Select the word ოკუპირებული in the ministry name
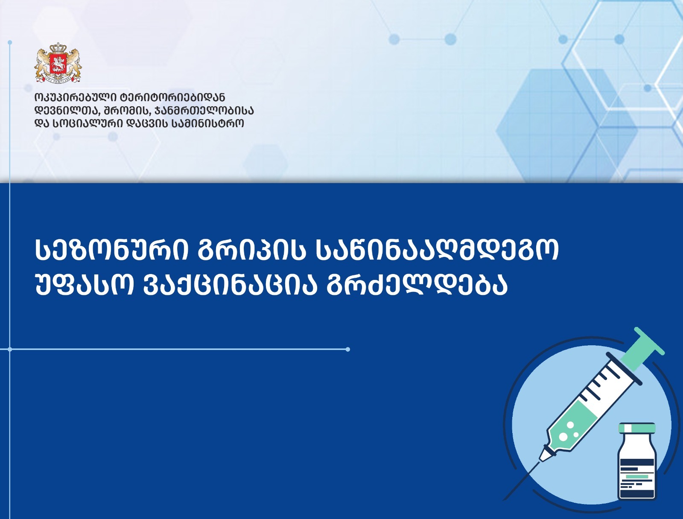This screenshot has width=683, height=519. (x=77, y=98)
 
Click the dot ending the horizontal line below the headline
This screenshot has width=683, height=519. (x=348, y=350)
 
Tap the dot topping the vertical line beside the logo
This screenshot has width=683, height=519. (x=10, y=42)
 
